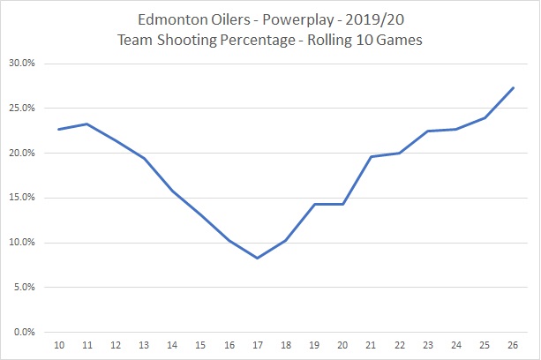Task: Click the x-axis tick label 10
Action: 58,345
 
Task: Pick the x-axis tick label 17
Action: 257,345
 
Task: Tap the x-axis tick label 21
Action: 371,345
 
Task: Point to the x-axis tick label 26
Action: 513,345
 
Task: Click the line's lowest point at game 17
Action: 257,258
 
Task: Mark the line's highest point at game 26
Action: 513,87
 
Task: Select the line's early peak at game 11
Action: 86,124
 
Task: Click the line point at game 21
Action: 371,156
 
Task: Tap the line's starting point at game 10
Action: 58,129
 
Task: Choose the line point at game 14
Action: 172,191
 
